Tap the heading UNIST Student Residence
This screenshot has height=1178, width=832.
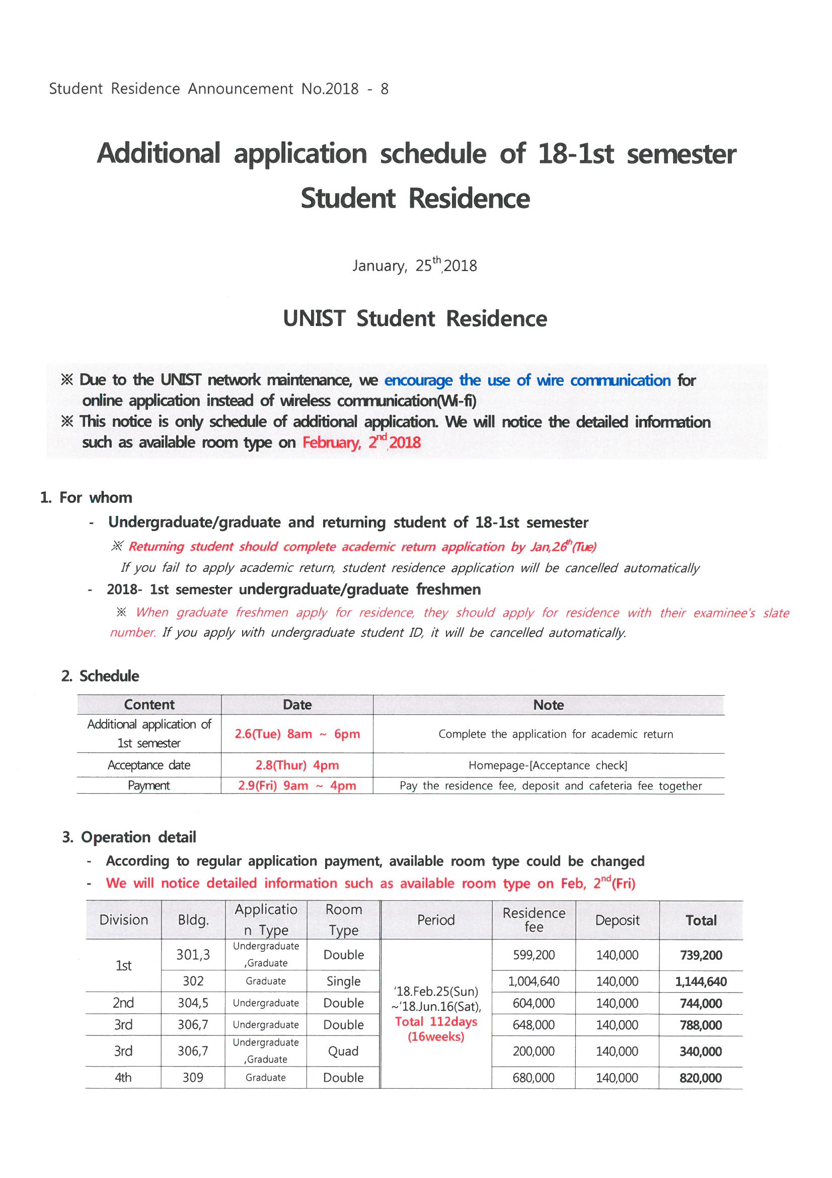click(415, 318)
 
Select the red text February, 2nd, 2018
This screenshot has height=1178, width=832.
click(361, 442)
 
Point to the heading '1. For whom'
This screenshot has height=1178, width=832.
click(86, 497)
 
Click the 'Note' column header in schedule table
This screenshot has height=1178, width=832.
click(548, 705)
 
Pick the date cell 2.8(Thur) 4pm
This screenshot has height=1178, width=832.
click(297, 765)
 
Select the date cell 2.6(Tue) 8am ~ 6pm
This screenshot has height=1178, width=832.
click(297, 734)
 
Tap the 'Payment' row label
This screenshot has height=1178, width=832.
click(148, 786)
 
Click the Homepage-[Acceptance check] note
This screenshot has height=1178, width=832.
click(548, 765)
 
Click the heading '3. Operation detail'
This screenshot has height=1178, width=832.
click(129, 837)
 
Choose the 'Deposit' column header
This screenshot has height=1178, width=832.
click(617, 920)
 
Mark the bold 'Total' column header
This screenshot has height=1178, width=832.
click(701, 921)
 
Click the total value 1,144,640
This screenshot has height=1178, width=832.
click(700, 981)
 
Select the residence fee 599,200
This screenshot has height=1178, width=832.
click(534, 955)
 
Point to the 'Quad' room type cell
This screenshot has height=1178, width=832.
click(343, 1051)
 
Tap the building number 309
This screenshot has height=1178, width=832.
click(193, 1077)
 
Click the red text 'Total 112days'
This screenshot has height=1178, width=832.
click(436, 1021)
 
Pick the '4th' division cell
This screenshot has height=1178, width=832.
click(123, 1077)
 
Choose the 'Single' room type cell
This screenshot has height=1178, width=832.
click(343, 981)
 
